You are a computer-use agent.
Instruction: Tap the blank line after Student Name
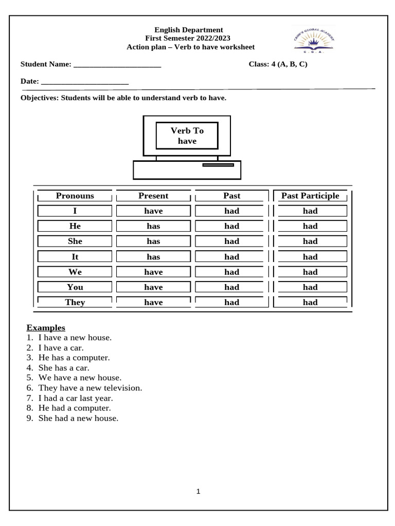pos(117,65)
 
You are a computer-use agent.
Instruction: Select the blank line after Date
pos(84,82)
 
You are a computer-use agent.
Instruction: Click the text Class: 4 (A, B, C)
pos(278,64)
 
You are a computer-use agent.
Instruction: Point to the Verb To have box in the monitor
pos(187,136)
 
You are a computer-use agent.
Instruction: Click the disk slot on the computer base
pos(218,165)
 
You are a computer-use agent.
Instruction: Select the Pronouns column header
pos(75,196)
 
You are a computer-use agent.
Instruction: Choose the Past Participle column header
pos(310,196)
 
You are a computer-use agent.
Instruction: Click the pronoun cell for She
pos(75,241)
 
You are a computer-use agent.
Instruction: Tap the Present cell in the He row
pos(153,226)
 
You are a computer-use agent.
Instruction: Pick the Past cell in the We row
pos(231,272)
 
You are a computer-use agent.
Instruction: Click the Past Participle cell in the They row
pos(310,303)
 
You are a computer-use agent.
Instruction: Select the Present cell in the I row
pos(153,211)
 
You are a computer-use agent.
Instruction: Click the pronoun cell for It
pos(75,257)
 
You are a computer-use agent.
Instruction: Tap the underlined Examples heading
pos(46,327)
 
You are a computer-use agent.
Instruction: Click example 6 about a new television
pos(90,388)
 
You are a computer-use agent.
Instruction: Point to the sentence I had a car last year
pos(76,398)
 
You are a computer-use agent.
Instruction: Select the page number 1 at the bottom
pos(198,492)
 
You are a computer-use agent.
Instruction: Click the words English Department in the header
pos(189,30)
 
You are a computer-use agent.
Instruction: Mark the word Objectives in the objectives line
pos(39,98)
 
